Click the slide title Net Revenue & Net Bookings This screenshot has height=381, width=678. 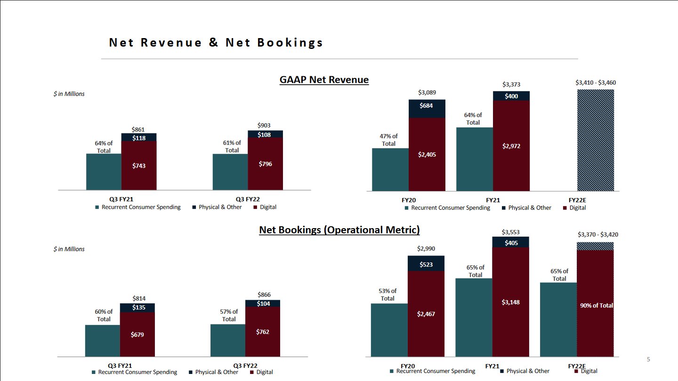point(216,43)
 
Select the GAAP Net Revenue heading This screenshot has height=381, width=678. point(324,79)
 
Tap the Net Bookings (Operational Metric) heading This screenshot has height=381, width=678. point(339,230)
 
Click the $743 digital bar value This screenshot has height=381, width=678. point(139,166)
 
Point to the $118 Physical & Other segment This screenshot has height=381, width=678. point(139,138)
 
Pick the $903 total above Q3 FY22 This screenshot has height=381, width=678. point(265,125)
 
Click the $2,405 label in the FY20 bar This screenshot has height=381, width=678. point(427,154)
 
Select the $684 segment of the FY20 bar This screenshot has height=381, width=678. point(427,106)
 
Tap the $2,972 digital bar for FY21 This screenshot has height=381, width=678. point(511,146)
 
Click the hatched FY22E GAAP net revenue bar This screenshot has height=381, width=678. point(596,141)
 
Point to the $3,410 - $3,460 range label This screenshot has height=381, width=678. point(596,83)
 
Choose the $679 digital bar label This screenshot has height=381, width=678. point(138,335)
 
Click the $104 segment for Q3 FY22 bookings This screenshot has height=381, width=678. point(263,304)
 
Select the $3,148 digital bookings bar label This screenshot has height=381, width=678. point(511,302)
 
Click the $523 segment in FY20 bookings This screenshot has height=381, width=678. point(427,264)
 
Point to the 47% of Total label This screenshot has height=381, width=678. point(388,140)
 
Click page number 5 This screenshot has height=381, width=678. point(648,360)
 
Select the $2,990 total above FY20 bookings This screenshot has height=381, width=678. point(427,249)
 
